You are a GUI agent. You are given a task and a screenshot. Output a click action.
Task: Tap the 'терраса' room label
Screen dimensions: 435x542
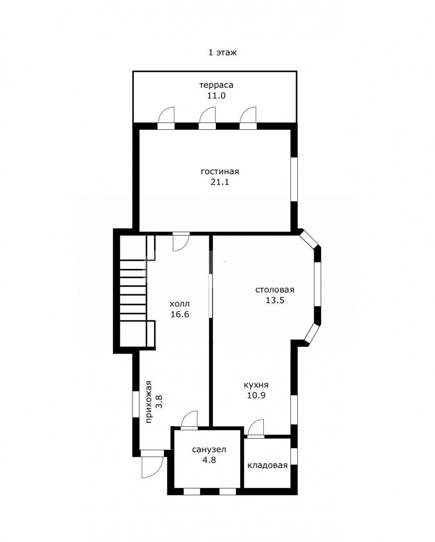216,85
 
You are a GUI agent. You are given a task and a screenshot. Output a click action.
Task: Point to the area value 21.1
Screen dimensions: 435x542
220,182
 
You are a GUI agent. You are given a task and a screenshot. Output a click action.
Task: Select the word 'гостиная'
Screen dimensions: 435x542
220,172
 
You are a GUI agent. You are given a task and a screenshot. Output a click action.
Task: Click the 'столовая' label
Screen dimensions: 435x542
275,290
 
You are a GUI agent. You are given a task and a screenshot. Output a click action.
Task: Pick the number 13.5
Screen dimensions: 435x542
275,300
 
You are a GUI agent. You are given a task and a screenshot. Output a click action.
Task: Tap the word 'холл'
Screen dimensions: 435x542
180,304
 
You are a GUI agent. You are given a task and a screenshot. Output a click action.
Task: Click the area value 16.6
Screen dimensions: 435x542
180,314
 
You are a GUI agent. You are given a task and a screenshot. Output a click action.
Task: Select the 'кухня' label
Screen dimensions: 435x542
256,392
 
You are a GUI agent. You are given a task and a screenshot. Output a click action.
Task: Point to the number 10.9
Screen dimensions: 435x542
256,402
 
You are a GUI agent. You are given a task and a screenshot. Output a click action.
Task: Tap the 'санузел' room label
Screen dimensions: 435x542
209,449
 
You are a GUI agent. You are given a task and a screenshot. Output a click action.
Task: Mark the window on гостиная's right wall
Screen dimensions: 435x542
294,179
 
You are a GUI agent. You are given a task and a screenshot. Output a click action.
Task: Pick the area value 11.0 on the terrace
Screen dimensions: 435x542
216,96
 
